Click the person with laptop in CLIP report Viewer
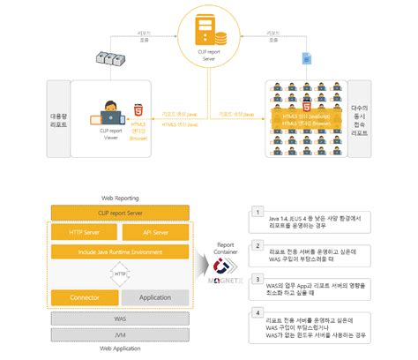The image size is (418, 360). (x=113, y=113)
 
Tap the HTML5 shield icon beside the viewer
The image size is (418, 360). (x=138, y=113)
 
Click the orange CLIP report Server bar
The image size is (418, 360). (x=121, y=213)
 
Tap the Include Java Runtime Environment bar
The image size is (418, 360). (x=121, y=252)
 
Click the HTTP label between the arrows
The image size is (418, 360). (x=121, y=274)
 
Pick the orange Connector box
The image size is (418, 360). (x=84, y=297)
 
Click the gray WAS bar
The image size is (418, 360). (x=121, y=319)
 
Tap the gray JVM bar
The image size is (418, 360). (x=121, y=334)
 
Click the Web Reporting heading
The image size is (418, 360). (x=121, y=200)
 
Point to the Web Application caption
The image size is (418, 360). (x=121, y=349)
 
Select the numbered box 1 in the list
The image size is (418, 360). (x=256, y=213)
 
